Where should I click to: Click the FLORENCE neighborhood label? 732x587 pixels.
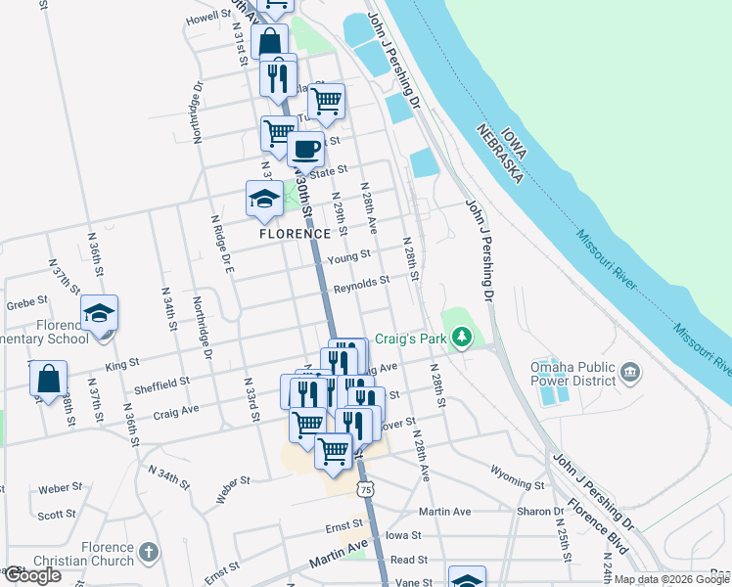pyautogui.click(x=295, y=235)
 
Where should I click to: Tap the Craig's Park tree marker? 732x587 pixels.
pyautogui.click(x=467, y=339)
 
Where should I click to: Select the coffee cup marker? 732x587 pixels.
pyautogui.click(x=305, y=151)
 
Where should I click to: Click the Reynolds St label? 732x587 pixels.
pyautogui.click(x=361, y=283)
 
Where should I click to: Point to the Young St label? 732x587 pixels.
pyautogui.click(x=349, y=257)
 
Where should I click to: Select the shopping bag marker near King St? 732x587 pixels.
pyautogui.click(x=48, y=380)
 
